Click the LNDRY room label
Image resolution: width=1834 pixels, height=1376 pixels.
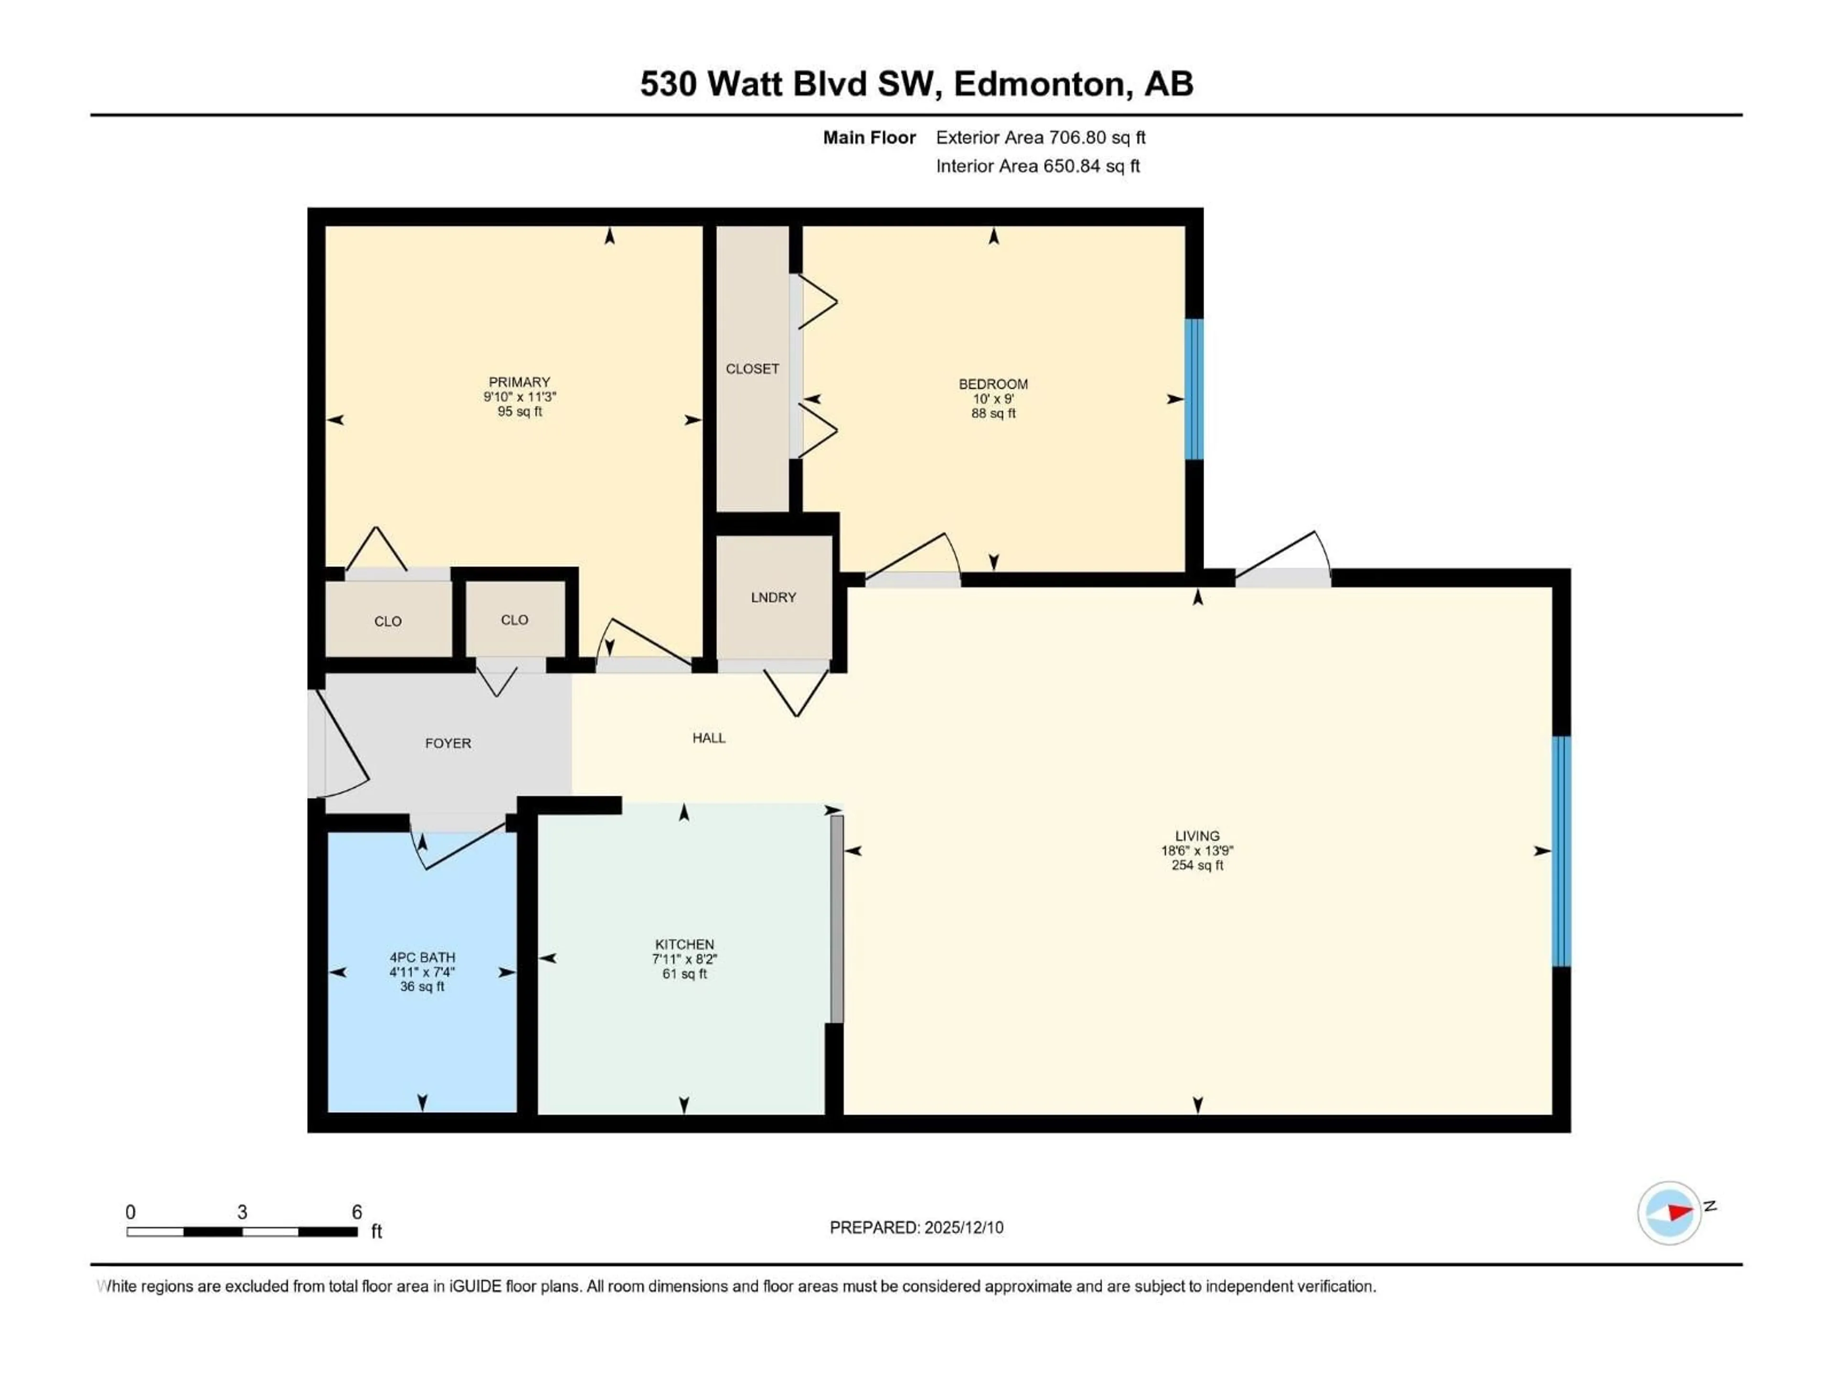773,597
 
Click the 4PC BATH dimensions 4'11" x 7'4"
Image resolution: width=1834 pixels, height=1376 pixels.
422,972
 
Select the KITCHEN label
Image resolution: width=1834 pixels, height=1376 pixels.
684,944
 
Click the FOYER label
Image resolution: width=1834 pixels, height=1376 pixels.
448,743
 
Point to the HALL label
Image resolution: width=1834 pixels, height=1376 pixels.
709,737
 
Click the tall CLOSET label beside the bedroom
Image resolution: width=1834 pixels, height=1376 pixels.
752,368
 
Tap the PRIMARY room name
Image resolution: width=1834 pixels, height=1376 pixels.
519,382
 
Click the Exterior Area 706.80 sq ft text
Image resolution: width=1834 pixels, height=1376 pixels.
1041,138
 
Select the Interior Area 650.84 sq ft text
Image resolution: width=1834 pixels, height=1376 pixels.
1037,166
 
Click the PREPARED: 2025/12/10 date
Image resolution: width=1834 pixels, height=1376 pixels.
916,1227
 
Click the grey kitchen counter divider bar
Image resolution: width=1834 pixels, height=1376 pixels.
837,919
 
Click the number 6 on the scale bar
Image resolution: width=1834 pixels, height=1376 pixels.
356,1212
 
